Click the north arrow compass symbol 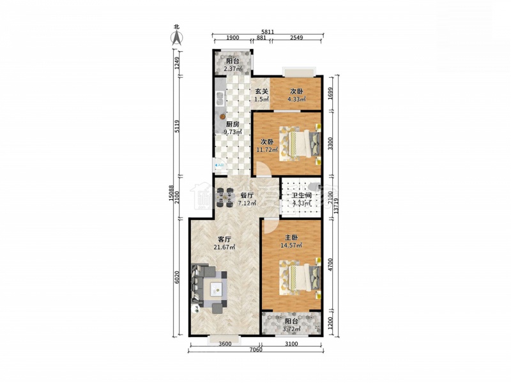177,36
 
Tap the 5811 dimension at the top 268,31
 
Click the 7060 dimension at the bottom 256,350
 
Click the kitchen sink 220,99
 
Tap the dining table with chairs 225,197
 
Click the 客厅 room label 224,239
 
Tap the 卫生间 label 301,196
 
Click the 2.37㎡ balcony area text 233,69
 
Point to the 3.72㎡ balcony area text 291,329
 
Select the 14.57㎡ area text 291,245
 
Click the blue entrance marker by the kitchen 219,165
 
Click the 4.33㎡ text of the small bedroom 296,99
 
